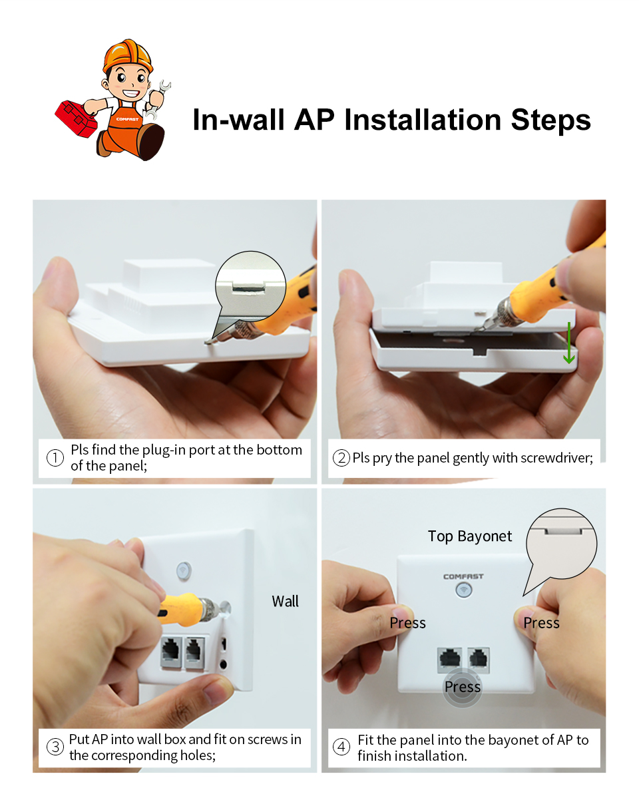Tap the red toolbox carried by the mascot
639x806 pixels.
(x=76, y=118)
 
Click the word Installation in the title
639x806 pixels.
(x=423, y=120)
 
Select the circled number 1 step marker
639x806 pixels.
(x=55, y=458)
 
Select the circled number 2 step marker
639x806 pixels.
(x=341, y=458)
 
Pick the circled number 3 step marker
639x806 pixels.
(x=55, y=747)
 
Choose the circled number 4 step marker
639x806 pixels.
(x=341, y=747)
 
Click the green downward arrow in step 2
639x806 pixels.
(x=568, y=343)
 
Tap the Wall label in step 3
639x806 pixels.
(x=285, y=602)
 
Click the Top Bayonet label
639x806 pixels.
(x=470, y=536)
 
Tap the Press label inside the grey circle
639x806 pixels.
(x=462, y=687)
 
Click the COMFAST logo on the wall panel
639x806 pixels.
(x=463, y=576)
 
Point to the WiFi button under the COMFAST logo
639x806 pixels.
(x=464, y=590)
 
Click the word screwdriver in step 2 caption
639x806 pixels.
(x=556, y=459)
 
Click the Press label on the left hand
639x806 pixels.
(x=407, y=623)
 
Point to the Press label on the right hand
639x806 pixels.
(x=541, y=623)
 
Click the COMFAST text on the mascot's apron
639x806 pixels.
(x=127, y=120)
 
